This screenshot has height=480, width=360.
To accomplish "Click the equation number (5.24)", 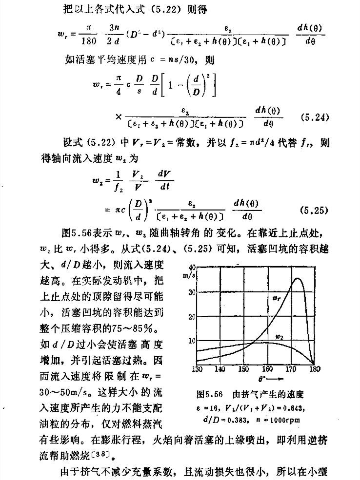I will [x=317, y=118].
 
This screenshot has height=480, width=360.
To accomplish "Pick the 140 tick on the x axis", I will [x=220, y=369].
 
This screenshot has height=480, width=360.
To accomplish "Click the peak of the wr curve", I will [x=298, y=278].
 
